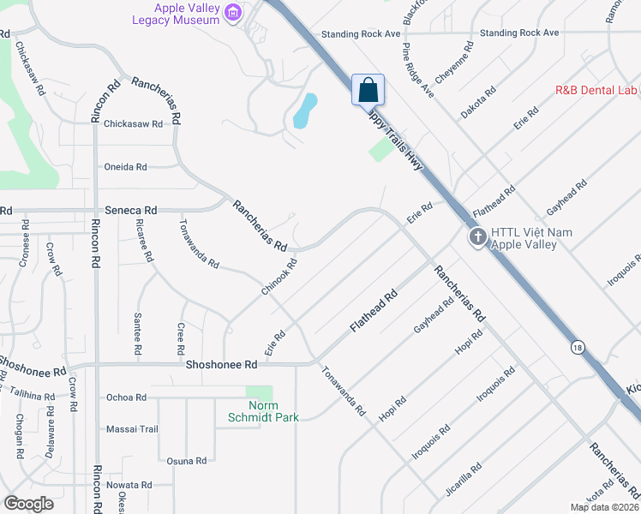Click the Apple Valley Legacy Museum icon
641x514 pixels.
coord(231,13)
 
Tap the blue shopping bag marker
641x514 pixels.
coord(368,90)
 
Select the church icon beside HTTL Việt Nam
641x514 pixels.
coord(478,237)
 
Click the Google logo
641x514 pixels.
coord(28,503)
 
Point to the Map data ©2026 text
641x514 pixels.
coord(604,506)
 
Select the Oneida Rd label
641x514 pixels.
coord(125,167)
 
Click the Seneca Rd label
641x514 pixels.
coord(131,210)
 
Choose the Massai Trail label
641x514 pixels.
coord(132,429)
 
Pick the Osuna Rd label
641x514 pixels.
coord(187,461)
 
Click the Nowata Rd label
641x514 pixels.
coord(129,485)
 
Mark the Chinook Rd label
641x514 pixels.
coord(279,278)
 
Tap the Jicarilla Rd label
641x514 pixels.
coord(464,480)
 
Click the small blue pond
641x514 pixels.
coord(305,110)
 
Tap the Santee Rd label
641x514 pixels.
coord(137,334)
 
